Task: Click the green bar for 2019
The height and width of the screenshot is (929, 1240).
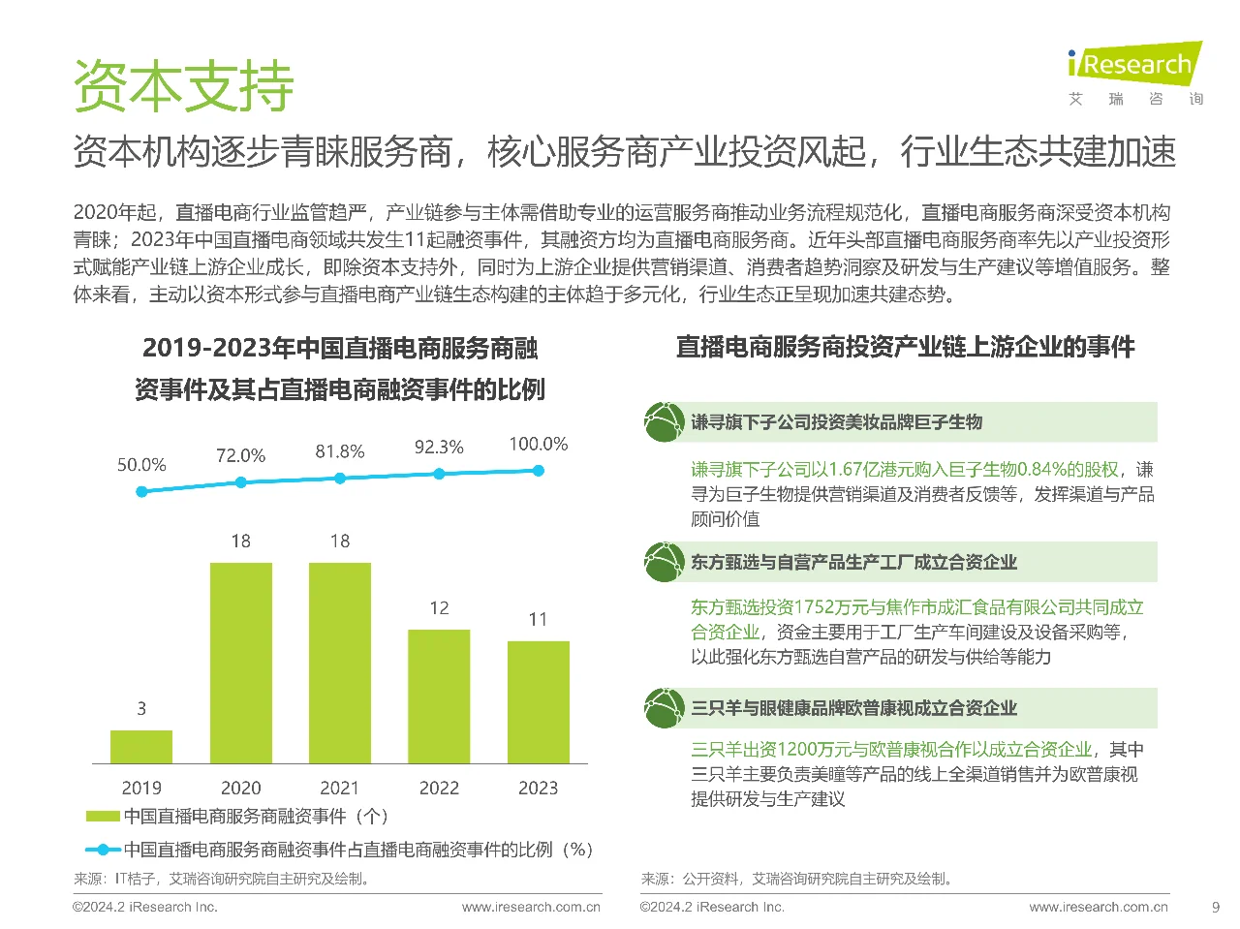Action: [x=141, y=746]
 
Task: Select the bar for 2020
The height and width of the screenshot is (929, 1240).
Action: [x=240, y=663]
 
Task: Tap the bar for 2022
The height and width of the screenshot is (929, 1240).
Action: [x=439, y=696]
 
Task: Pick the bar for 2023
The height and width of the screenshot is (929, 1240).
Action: [x=538, y=701]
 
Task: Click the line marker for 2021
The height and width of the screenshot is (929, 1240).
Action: [x=340, y=479]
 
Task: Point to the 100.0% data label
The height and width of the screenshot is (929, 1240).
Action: [x=538, y=444]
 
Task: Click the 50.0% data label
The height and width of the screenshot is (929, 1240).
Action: [x=141, y=465]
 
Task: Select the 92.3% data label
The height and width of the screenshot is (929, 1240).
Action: [x=439, y=448]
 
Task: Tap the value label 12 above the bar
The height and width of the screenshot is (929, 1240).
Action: [x=439, y=608]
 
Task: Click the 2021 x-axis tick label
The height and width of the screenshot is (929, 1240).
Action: [x=339, y=788]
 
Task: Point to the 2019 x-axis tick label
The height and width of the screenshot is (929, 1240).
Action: [x=141, y=788]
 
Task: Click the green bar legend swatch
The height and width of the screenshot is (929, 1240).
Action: [x=103, y=817]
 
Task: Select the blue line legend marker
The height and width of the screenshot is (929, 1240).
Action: [x=103, y=850]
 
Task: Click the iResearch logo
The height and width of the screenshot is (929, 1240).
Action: [x=1134, y=65]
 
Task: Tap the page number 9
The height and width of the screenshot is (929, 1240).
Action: [x=1216, y=908]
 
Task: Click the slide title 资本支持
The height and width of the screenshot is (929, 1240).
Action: [x=183, y=86]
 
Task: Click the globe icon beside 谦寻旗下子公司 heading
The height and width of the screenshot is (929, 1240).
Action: [x=664, y=422]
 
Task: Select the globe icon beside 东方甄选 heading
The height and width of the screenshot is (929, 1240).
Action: [x=664, y=562]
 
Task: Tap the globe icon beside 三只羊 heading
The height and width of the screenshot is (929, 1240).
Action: [x=664, y=708]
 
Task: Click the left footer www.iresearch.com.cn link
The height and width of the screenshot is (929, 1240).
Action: [x=531, y=908]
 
